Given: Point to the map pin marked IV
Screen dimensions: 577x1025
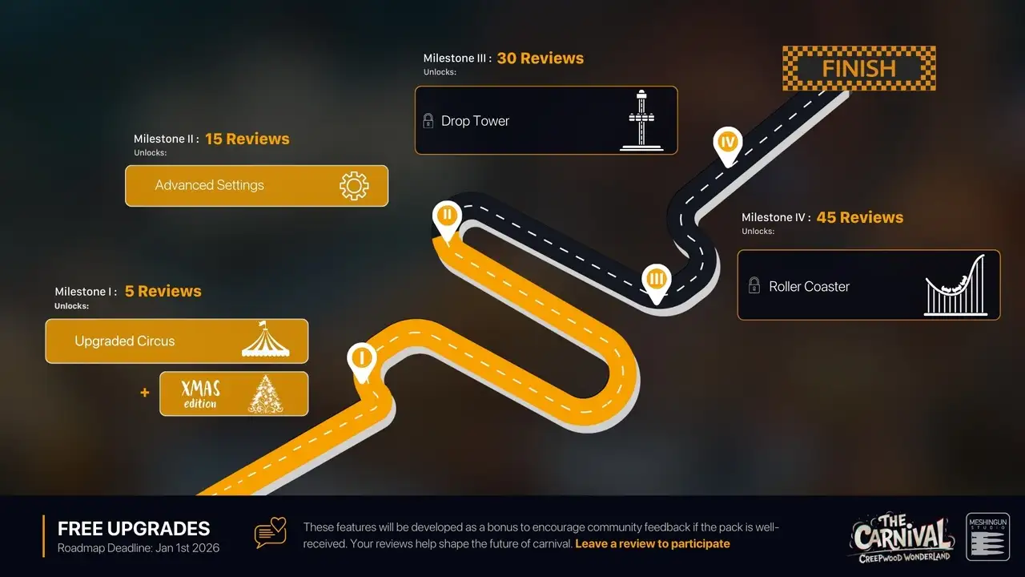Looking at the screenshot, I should point(727,143).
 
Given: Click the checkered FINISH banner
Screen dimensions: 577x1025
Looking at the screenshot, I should point(858,68).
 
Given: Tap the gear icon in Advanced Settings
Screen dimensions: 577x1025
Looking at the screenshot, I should point(354,185).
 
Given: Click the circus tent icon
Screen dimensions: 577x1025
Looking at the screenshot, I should point(265,341).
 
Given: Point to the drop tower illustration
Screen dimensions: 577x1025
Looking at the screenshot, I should point(642,120).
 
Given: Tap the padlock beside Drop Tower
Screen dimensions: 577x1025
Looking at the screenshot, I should point(428,121).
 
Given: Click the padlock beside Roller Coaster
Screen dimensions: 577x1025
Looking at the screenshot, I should point(754,285).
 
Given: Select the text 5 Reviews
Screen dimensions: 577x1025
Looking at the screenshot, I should point(163,291).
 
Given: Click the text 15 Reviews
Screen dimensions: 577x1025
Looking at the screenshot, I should point(247,139).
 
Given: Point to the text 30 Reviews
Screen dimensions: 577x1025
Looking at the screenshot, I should point(541,59).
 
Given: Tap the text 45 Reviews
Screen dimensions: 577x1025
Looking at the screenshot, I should point(860,217).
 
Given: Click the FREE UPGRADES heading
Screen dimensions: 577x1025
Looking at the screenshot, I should point(134,529).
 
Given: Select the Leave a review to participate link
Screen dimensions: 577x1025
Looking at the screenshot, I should point(653,543).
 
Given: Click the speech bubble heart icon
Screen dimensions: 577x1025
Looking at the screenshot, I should point(270,533).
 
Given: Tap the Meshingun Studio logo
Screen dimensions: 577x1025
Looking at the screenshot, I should point(987,536).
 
